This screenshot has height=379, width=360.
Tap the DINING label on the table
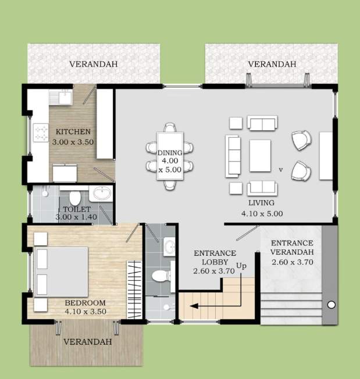click(170, 153)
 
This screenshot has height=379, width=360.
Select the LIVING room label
click(261, 203)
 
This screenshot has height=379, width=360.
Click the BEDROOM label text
click(85, 303)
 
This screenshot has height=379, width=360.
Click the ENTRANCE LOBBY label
click(215, 253)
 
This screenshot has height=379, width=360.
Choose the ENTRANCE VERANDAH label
click(293, 243)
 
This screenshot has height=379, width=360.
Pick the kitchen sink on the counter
click(60, 98)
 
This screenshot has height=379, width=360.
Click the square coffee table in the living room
click(260, 156)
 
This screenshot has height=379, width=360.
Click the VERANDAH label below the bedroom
click(87, 342)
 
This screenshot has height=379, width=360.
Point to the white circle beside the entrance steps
click(332, 305)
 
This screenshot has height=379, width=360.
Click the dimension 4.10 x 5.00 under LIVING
click(262, 213)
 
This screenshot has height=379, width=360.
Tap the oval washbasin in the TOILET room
click(102, 193)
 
